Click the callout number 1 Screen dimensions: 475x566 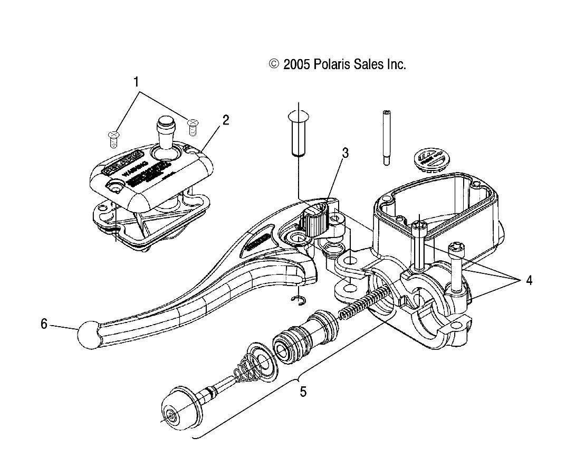pyautogui.click(x=136, y=82)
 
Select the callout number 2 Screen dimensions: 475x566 pyautogui.click(x=225, y=119)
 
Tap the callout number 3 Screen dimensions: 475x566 pyautogui.click(x=345, y=154)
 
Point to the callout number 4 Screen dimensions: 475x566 pyautogui.click(x=528, y=280)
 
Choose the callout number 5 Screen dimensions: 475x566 pyautogui.click(x=303, y=392)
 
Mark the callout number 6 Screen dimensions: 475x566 pyautogui.click(x=44, y=324)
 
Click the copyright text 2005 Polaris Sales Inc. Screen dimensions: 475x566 pyautogui.click(x=338, y=64)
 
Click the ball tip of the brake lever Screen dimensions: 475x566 pyautogui.click(x=88, y=335)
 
